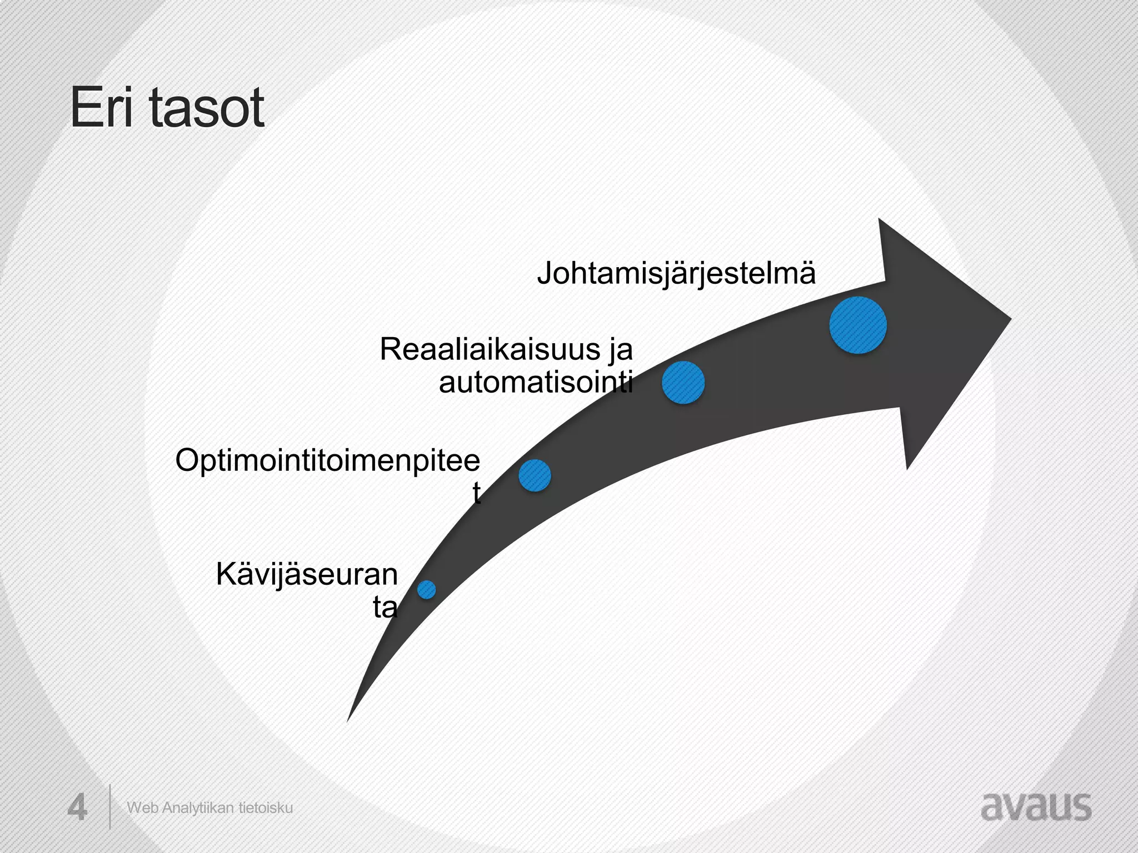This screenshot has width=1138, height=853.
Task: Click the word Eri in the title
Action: tap(102, 108)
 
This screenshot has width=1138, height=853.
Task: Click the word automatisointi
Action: tap(536, 383)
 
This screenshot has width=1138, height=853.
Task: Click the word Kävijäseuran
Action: tap(307, 574)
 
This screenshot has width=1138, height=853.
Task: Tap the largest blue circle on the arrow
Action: tap(857, 325)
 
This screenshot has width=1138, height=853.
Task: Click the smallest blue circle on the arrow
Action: tap(426, 589)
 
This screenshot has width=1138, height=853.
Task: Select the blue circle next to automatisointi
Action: tap(683, 383)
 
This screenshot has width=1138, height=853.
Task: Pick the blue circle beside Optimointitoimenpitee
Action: tap(535, 475)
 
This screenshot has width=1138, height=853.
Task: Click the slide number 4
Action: tap(77, 808)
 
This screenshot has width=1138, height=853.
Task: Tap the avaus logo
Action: tap(1036, 807)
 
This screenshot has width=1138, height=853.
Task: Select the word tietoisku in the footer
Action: tap(266, 808)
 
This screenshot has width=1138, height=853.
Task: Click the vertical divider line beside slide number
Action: tap(109, 806)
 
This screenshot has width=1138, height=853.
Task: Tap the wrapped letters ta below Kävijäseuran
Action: tap(385, 608)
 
